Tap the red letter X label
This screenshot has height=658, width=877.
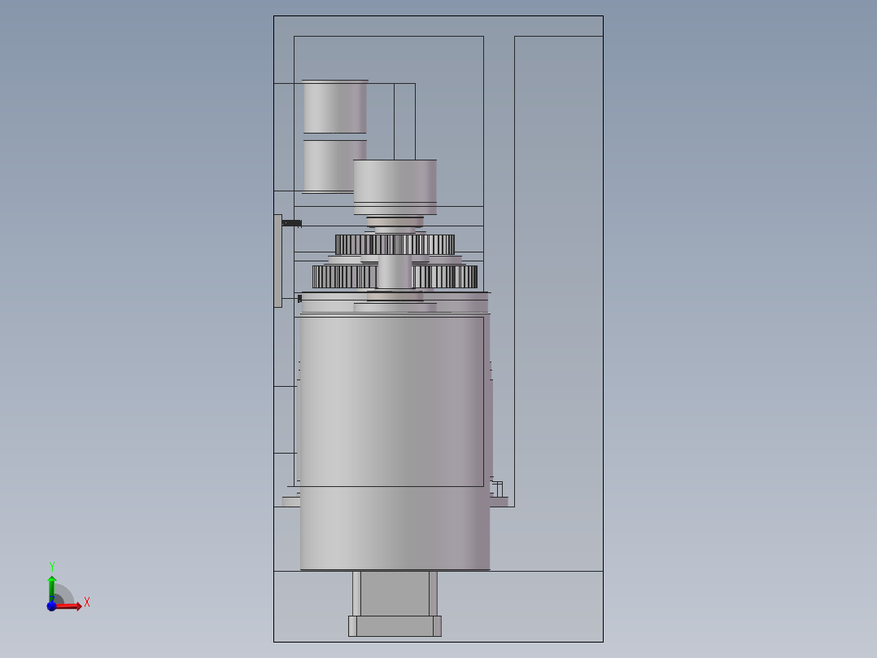pyautogui.click(x=87, y=602)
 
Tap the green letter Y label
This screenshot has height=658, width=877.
pyautogui.click(x=51, y=566)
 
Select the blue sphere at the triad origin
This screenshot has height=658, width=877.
pyautogui.click(x=51, y=606)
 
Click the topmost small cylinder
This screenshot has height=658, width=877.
pyautogui.click(x=335, y=107)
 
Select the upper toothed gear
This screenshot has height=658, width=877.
pyautogui.click(x=395, y=245)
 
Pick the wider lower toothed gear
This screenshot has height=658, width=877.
pyautogui.click(x=395, y=277)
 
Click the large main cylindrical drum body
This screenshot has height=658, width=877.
pyautogui.click(x=395, y=441)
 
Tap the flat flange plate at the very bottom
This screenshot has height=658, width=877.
pyautogui.click(x=395, y=626)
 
